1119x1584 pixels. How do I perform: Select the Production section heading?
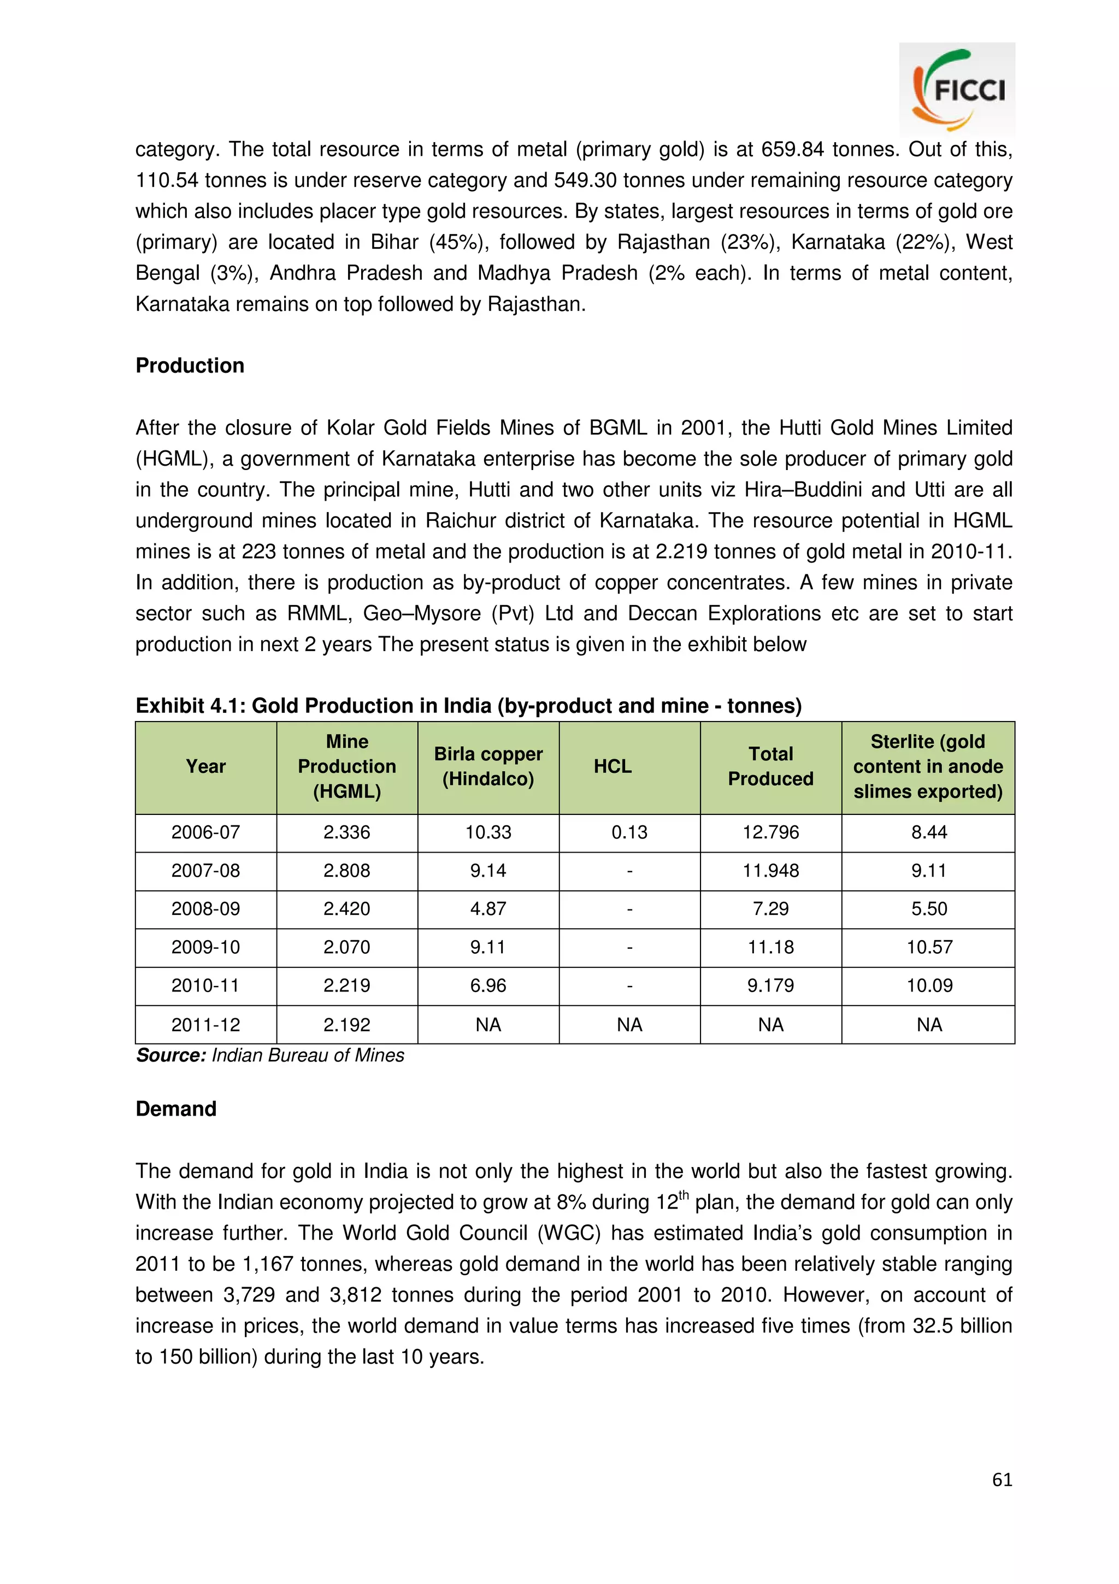[x=190, y=366]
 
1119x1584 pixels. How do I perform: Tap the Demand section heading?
[x=176, y=1108]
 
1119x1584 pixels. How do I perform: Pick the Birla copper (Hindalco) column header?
[x=488, y=766]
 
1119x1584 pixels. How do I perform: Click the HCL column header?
[x=612, y=766]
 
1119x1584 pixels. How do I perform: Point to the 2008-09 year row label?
[x=205, y=908]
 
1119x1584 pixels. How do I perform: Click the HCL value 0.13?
[x=629, y=832]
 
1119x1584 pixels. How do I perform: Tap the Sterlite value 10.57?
[x=929, y=947]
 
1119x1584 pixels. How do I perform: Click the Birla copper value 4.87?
[x=488, y=908]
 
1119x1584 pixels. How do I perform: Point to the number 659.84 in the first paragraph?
[x=792, y=150]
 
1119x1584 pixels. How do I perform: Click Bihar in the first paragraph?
[x=394, y=242]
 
